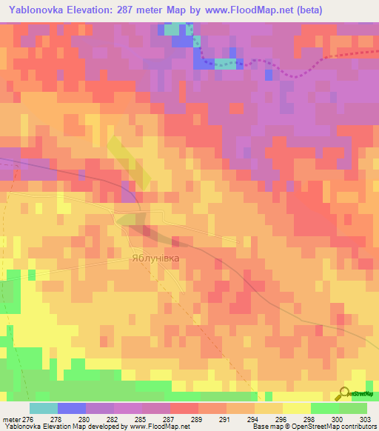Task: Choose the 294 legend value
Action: point(241,419)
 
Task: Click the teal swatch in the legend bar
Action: point(44,408)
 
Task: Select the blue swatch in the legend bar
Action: point(72,408)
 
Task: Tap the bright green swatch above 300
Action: point(325,408)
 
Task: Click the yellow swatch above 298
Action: point(297,408)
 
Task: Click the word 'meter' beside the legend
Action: point(11,419)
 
